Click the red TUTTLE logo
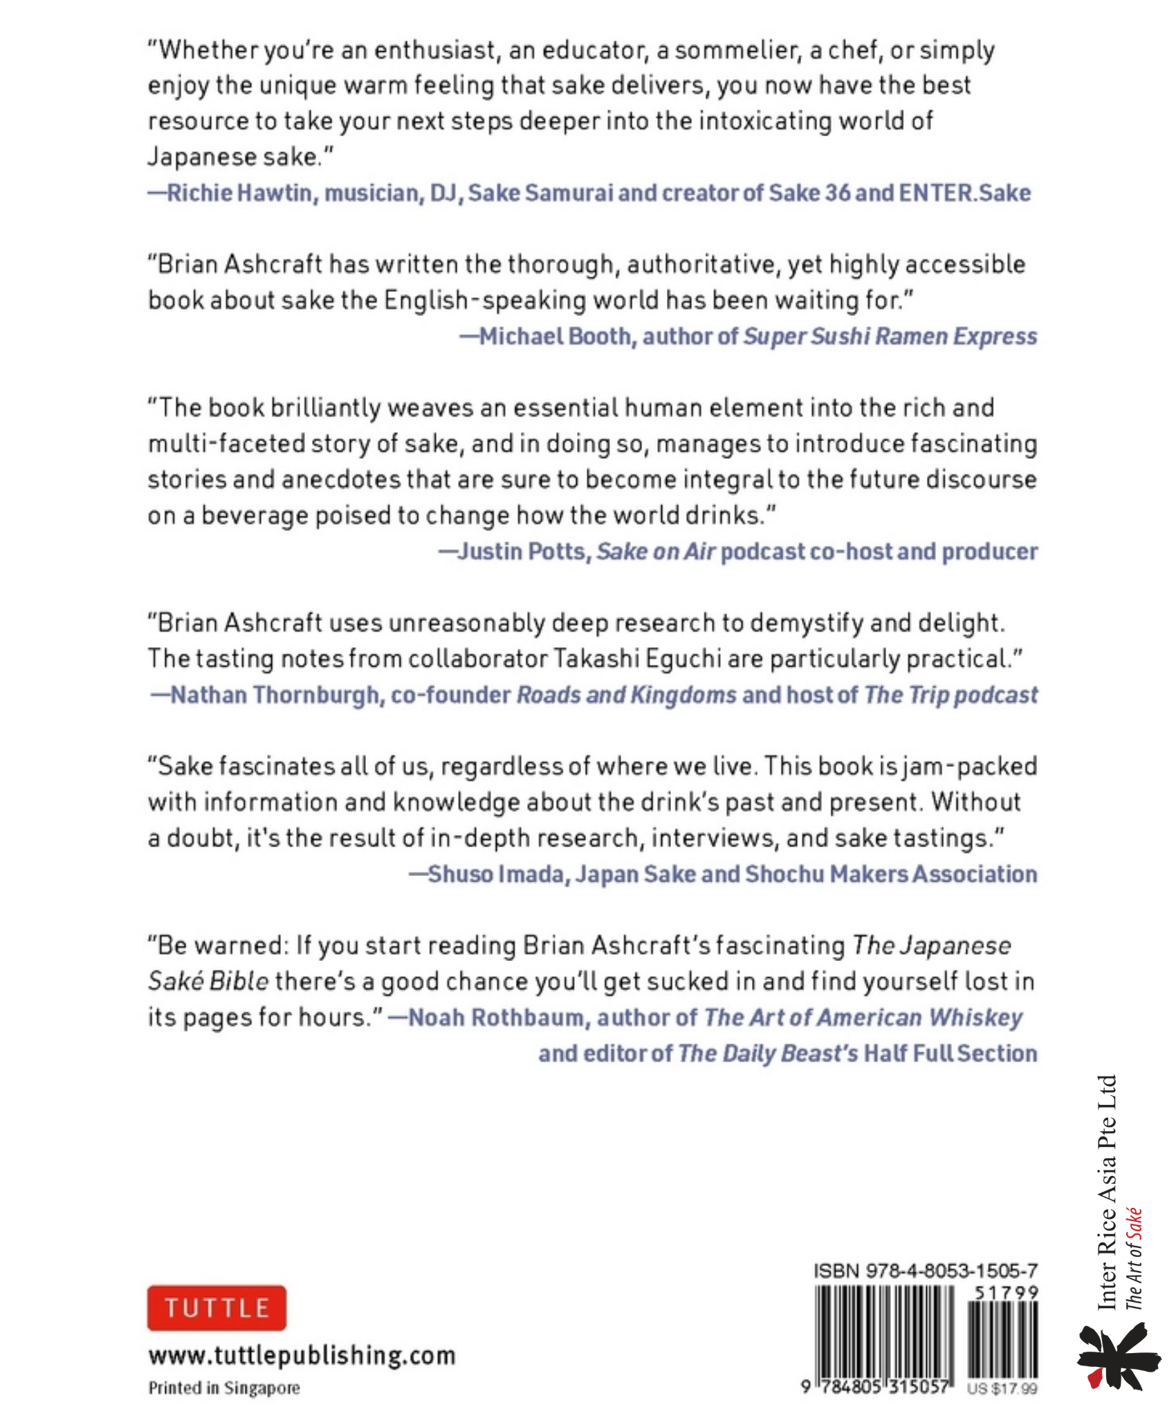(x=216, y=1307)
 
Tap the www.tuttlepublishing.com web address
(x=302, y=1355)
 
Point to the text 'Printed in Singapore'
(x=224, y=1388)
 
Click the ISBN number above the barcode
(x=925, y=1271)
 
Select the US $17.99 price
(x=1002, y=1388)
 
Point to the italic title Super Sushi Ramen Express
(x=890, y=336)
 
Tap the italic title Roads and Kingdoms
(x=627, y=694)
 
